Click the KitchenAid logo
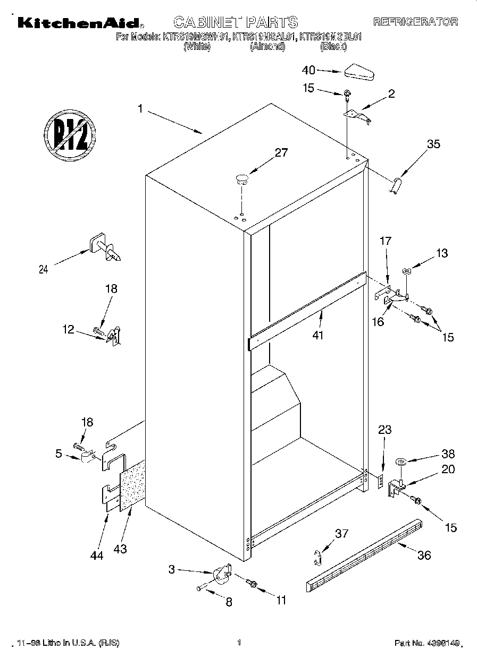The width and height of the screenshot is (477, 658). click(79, 22)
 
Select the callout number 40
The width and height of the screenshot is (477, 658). click(309, 70)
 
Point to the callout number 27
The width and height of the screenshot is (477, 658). click(281, 153)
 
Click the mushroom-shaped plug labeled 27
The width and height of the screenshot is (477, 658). click(242, 179)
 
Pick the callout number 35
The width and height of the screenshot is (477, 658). click(433, 143)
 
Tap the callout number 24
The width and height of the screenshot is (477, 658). click(44, 269)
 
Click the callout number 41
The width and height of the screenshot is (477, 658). click(319, 335)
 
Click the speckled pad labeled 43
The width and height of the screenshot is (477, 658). click(133, 485)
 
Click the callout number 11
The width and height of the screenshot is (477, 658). click(281, 601)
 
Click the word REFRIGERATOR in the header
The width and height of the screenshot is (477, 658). click(415, 22)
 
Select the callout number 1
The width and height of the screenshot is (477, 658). click(140, 109)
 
